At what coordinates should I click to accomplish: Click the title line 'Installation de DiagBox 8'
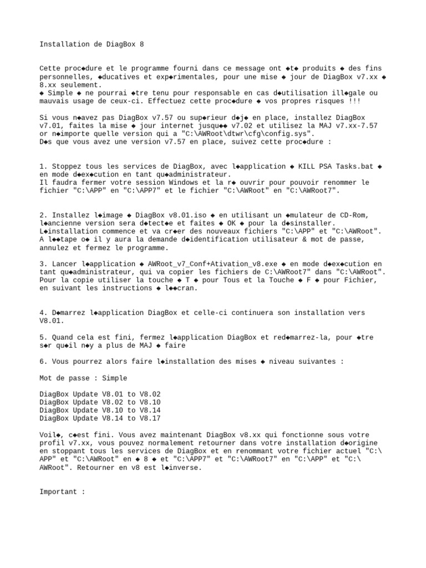pyautogui.click(x=92, y=44)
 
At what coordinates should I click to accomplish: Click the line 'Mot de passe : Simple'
pyautogui.click(x=83, y=378)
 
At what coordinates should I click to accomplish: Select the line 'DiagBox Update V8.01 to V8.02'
pyautogui.click(x=100, y=394)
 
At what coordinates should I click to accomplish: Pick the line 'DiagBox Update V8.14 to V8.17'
pyautogui.click(x=100, y=419)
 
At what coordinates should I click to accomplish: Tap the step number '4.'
pyautogui.click(x=43, y=313)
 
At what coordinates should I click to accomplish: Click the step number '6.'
pyautogui.click(x=43, y=362)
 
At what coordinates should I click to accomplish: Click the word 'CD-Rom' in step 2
pyautogui.click(x=353, y=215)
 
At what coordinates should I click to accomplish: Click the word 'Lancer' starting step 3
pyautogui.click(x=64, y=264)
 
